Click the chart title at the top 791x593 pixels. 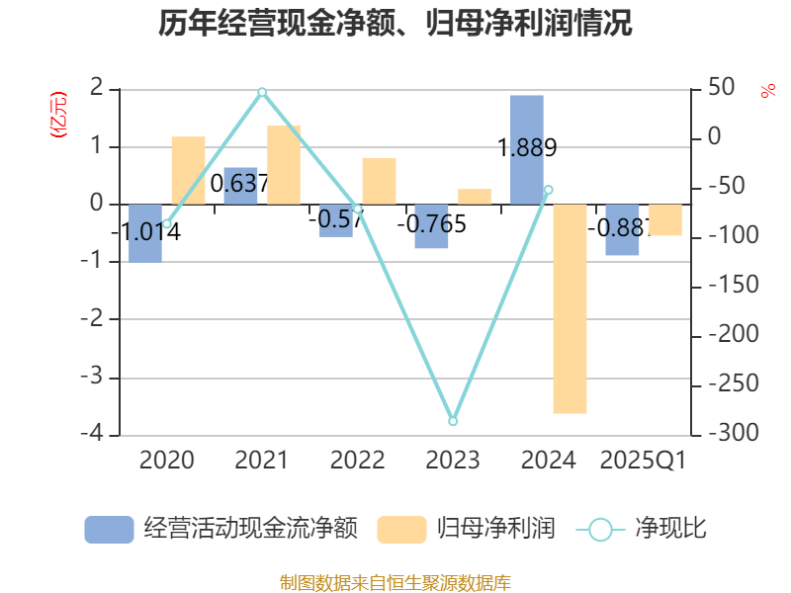395,23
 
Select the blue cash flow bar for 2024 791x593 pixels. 527,150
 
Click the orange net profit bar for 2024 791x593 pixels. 570,308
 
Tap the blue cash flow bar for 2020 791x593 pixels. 145,233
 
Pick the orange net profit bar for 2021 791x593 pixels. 284,165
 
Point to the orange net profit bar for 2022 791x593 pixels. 379,181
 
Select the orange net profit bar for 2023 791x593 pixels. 475,196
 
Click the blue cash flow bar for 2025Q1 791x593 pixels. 623,230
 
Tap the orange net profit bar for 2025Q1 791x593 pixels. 665,220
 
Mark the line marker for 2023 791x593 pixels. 453,421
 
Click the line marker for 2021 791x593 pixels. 262,92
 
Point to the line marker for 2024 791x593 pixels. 549,190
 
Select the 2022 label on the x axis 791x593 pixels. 357,461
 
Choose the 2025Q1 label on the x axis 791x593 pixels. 644,461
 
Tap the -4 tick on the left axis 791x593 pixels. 95,435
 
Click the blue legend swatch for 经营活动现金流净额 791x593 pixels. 109,530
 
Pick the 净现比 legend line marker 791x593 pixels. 600,530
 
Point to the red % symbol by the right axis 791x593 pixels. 767,91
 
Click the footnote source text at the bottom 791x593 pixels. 395,582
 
